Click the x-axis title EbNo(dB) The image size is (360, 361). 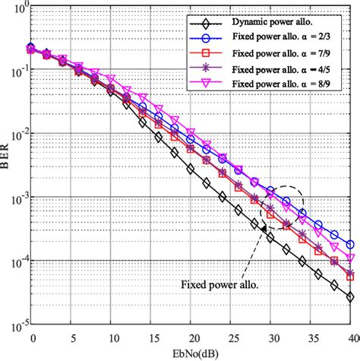(191, 353)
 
